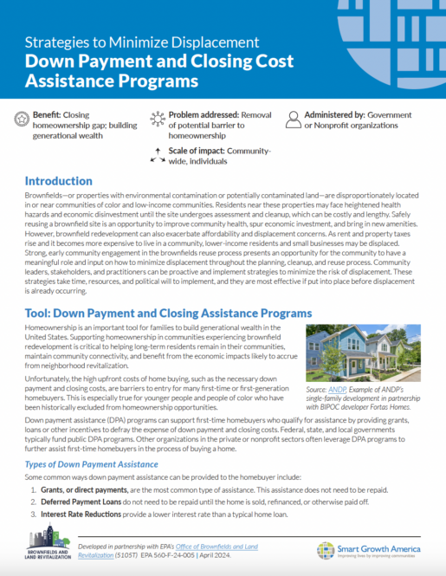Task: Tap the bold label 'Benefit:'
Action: pyautogui.click(x=48, y=113)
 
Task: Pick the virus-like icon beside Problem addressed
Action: pyautogui.click(x=157, y=119)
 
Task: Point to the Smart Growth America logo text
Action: pyautogui.click(x=384, y=548)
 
